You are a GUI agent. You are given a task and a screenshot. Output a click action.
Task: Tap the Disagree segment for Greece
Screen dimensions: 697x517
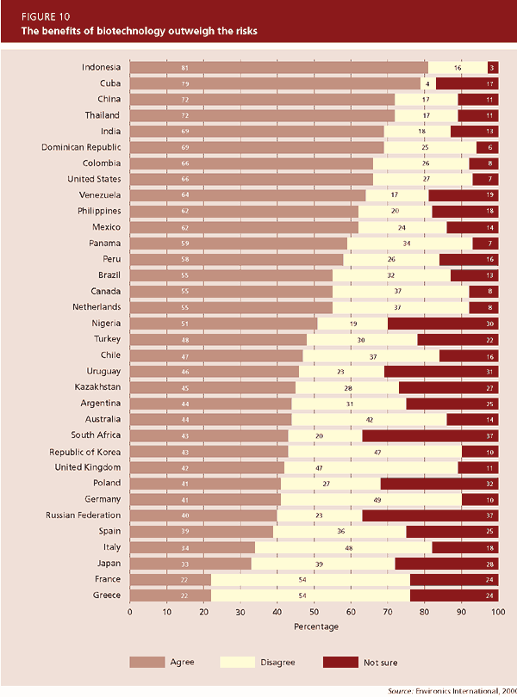[x=310, y=595]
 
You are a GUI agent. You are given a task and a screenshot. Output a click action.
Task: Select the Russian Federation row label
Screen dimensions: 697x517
[x=83, y=515]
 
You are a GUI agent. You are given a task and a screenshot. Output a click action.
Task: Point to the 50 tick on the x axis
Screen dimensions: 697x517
[x=314, y=613]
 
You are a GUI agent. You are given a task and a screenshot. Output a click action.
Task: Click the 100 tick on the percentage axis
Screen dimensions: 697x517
[x=497, y=613]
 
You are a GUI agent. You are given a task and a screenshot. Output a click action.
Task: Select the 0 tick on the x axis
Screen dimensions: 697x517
[x=130, y=613]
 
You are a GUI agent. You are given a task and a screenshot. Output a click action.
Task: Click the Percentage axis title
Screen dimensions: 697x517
[x=314, y=627]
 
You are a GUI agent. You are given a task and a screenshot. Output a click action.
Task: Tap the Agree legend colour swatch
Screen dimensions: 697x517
[x=146, y=662]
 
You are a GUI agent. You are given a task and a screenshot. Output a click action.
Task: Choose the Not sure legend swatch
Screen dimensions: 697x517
[x=341, y=662]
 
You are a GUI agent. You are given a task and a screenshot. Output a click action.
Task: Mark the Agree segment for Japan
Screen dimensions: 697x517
[x=190, y=563]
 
